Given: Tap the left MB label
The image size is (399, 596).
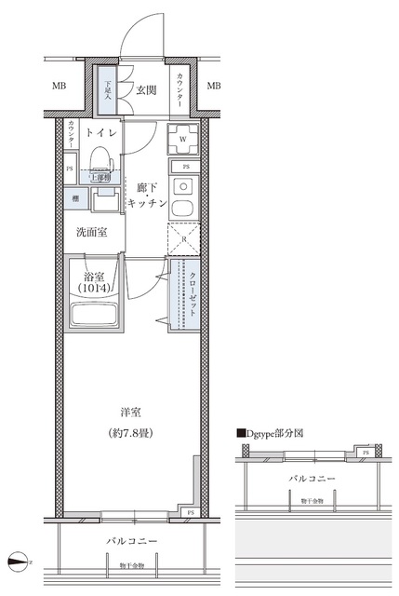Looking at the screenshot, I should point(60,87).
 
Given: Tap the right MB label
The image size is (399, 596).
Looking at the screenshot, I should point(213,87).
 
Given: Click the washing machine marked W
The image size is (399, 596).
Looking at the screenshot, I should point(181,140).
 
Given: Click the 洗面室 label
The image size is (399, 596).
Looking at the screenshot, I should point(91,232).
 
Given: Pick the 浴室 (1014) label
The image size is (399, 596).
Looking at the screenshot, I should point(93,281).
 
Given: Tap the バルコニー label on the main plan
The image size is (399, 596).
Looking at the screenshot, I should point(130,542).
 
